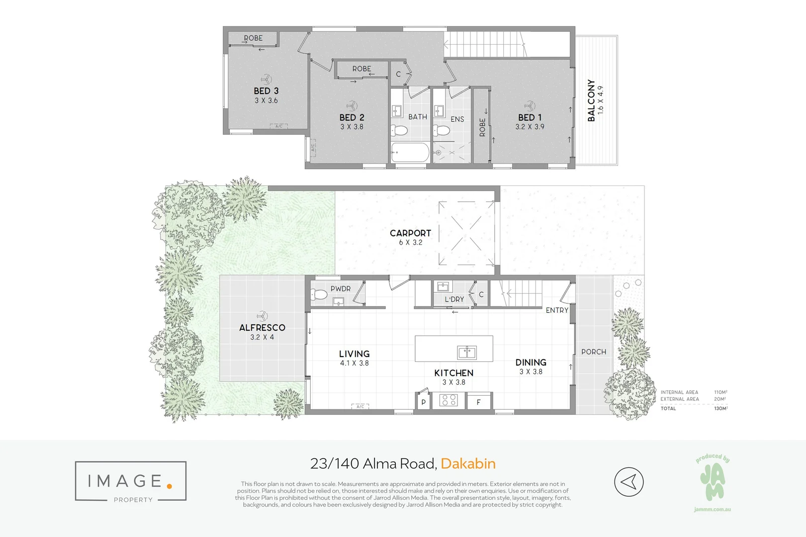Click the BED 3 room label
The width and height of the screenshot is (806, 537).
pyautogui.click(x=266, y=91)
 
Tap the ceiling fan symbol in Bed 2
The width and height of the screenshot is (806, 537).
pyautogui.click(x=352, y=106)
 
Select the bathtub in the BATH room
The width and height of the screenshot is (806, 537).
pyautogui.click(x=410, y=153)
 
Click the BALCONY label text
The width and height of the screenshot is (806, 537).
pyautogui.click(x=591, y=100)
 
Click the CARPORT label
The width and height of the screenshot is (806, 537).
pyautogui.click(x=410, y=233)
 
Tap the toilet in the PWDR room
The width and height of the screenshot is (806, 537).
pyautogui.click(x=320, y=295)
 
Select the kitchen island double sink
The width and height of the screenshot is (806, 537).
pyautogui.click(x=467, y=353)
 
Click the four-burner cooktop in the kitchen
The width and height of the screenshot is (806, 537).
pyautogui.click(x=448, y=400)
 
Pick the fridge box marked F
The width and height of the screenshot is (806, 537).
pyautogui.click(x=478, y=402)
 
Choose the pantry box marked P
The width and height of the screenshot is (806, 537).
pyautogui.click(x=423, y=402)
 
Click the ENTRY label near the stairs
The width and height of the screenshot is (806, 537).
pyautogui.click(x=557, y=310)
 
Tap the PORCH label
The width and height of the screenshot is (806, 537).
pyautogui.click(x=594, y=352)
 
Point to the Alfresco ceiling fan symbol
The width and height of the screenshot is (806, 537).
pyautogui.click(x=262, y=316)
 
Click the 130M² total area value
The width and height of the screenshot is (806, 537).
pyautogui.click(x=720, y=409)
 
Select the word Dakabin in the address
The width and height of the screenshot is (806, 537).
pyautogui.click(x=468, y=464)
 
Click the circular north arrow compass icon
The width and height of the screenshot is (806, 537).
pyautogui.click(x=629, y=481)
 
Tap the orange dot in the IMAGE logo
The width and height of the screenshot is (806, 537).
pyautogui.click(x=170, y=486)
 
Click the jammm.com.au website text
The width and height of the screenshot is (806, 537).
pyautogui.click(x=713, y=510)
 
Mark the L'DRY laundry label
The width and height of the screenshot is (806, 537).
pyautogui.click(x=454, y=299)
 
